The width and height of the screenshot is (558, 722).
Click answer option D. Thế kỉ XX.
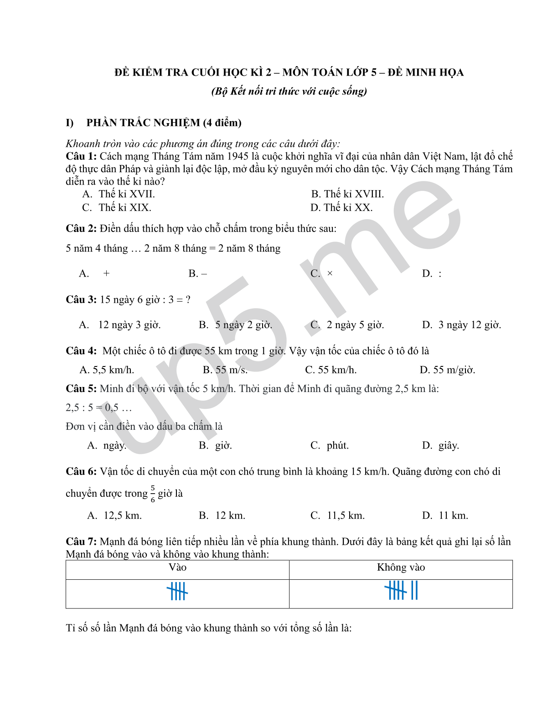click(x=341, y=208)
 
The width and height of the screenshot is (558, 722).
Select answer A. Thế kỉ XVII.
click(x=119, y=194)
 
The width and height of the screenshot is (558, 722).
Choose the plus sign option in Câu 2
click(x=106, y=273)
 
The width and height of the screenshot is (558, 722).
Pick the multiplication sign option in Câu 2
click(x=330, y=273)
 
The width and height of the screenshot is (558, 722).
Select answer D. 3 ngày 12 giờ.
click(x=461, y=325)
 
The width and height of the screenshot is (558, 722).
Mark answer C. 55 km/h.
click(x=331, y=370)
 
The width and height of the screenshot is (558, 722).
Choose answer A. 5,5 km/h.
click(x=107, y=370)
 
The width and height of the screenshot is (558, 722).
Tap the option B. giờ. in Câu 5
click(x=216, y=445)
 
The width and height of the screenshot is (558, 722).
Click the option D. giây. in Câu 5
click(x=440, y=445)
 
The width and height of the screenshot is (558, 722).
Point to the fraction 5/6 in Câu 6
click(x=153, y=494)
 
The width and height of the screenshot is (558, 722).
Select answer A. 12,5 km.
click(x=114, y=516)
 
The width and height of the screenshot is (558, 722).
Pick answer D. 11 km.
click(x=445, y=516)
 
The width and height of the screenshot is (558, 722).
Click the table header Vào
click(x=177, y=567)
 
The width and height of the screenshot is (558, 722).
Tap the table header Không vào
click(x=401, y=567)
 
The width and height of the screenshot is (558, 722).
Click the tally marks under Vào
click(x=177, y=592)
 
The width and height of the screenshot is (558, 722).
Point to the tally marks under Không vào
click(x=401, y=591)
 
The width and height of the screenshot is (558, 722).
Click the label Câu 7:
click(x=81, y=541)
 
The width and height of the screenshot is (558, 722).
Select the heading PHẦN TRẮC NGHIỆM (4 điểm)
click(x=164, y=123)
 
